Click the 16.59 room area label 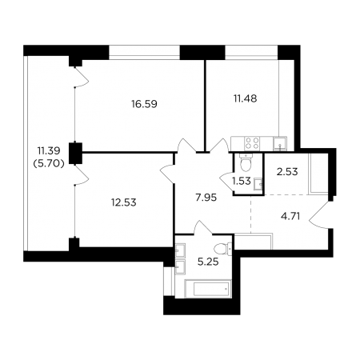tap(144, 104)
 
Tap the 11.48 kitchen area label tap(246, 98)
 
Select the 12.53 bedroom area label tap(124, 202)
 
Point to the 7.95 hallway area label tap(206, 198)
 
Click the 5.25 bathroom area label tap(208, 262)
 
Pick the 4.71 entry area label tap(290, 216)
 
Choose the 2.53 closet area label tap(287, 172)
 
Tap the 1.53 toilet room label tap(242, 182)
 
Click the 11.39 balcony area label tap(49, 151)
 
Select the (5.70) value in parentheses tap(49, 164)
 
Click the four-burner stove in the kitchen tap(252, 143)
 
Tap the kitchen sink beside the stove tap(280, 143)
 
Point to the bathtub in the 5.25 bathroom tap(208, 289)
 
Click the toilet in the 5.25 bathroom tap(222, 249)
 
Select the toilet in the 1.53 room tap(246, 162)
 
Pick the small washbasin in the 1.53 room tap(258, 184)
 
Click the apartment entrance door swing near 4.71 tap(319, 215)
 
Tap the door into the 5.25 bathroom tap(202, 228)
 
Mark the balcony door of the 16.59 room tap(81, 77)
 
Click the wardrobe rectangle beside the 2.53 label tap(318, 174)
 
